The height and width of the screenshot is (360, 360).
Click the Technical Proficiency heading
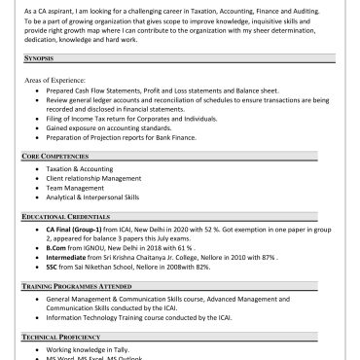[68, 336]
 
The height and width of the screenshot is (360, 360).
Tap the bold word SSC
[53, 266]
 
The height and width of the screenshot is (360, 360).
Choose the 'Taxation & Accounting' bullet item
[80, 169]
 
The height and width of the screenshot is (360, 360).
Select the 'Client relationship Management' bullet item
[93, 178]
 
